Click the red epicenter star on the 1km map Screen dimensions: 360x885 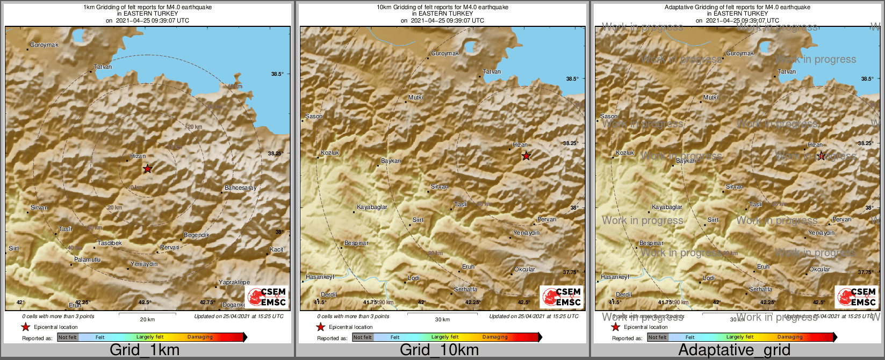click(x=147, y=169)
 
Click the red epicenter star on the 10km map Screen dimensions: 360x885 click(x=526, y=156)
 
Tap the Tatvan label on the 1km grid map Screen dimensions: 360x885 click(x=103, y=67)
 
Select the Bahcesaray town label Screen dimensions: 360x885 click(x=240, y=188)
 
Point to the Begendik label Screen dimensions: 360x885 click(x=196, y=235)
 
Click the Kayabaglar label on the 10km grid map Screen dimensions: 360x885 click(x=372, y=207)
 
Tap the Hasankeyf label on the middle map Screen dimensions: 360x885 click(x=320, y=277)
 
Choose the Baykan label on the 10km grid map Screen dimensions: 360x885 click(x=391, y=161)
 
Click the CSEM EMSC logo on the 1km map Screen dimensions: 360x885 click(x=267, y=297)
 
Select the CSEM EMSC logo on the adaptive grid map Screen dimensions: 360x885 click(x=857, y=297)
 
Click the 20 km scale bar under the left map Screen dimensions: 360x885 click(x=147, y=314)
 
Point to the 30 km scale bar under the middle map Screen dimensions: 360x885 click(x=442, y=314)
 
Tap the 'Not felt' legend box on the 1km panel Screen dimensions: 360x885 click(x=68, y=337)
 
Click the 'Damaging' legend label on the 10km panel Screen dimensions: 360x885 click(x=494, y=337)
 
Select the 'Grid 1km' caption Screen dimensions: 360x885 click(x=145, y=350)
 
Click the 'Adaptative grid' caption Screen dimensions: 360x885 click(x=734, y=350)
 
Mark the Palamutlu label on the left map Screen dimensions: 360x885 click(x=88, y=260)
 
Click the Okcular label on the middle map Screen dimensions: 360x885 click(x=525, y=269)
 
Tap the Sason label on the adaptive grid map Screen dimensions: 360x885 click(x=609, y=116)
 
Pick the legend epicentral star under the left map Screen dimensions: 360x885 click(x=26, y=327)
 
